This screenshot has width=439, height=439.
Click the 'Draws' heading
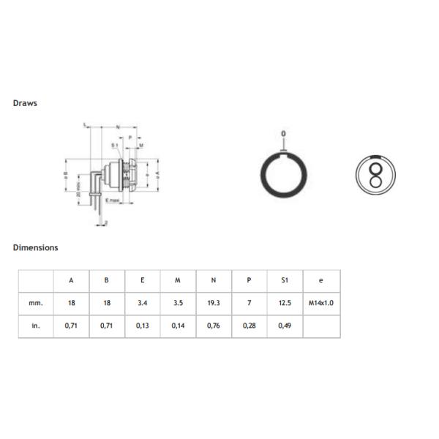[x=25, y=103]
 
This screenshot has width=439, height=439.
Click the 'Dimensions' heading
[x=35, y=247]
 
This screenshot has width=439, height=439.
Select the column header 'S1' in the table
[x=285, y=279]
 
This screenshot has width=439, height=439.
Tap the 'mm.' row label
[x=36, y=302]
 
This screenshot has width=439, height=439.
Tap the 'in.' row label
[x=36, y=325]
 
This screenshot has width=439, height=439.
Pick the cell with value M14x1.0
[x=320, y=302]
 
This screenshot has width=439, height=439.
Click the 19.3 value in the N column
[x=214, y=302]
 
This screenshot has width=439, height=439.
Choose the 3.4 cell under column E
[x=142, y=302]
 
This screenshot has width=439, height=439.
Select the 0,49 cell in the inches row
[x=285, y=325]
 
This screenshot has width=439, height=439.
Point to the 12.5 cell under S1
[x=285, y=302]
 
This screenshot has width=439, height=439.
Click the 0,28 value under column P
[x=249, y=325]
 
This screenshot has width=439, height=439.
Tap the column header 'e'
[x=320, y=279]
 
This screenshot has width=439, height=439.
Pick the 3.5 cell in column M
[x=178, y=302]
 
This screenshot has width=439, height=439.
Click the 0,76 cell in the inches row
[x=214, y=325]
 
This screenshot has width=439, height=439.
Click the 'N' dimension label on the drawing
[x=117, y=127]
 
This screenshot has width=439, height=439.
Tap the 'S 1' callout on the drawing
[x=115, y=146]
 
